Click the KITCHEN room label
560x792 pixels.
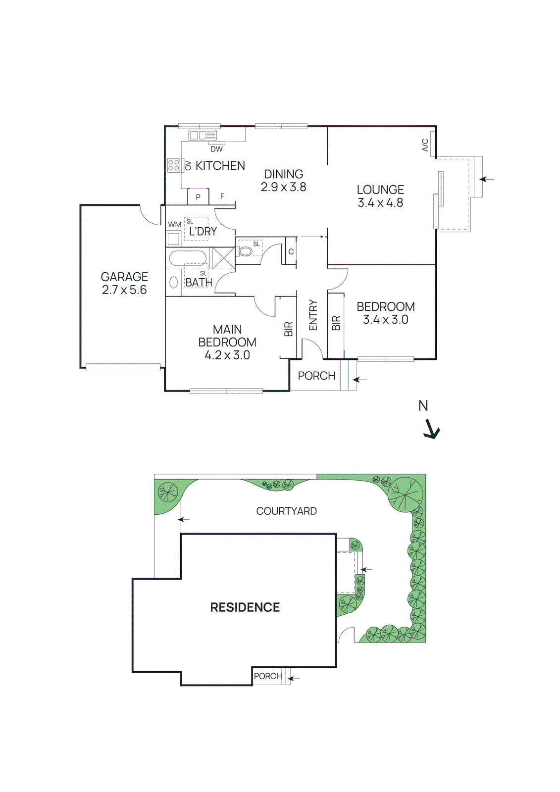pos(220,166)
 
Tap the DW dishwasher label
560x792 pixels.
pos(216,148)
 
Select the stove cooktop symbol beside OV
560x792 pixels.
pos(173,165)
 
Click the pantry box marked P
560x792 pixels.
pos(198,197)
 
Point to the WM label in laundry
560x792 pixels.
pos(174,224)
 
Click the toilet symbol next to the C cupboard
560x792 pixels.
pos(246,251)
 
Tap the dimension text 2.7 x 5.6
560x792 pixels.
pos(124,290)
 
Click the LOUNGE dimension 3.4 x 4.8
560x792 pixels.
pos(380,203)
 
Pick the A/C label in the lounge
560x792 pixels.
pos(425,145)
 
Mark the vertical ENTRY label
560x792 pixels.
pos(313,315)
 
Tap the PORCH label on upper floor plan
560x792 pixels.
pos(316,376)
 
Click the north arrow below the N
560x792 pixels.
pos(432,429)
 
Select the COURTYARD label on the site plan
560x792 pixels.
pos(286,511)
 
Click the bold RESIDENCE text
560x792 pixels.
pos(245,607)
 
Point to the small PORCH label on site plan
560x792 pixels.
pos(267,676)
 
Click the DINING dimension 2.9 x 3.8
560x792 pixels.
pos(283,187)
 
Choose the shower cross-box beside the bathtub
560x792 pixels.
pos(223,258)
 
